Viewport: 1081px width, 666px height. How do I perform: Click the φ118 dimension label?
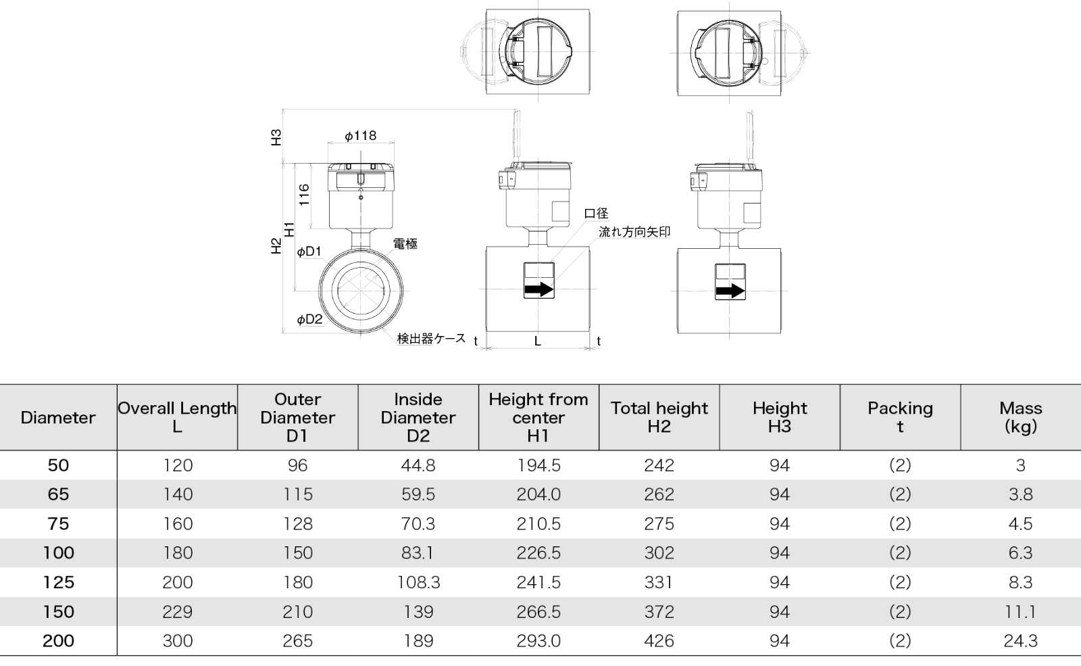(360, 136)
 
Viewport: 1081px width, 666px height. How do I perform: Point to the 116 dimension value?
(304, 195)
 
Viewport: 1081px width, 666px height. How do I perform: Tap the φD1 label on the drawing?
(309, 252)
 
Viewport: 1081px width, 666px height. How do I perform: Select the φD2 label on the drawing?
(309, 319)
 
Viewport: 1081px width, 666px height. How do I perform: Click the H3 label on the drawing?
(276, 137)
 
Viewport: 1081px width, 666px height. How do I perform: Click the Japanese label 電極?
(405, 244)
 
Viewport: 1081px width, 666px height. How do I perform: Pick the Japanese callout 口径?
(596, 214)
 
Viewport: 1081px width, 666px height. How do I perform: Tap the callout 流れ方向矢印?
(634, 232)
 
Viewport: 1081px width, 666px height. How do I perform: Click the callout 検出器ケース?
(431, 338)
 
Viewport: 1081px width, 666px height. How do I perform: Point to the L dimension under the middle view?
(538, 341)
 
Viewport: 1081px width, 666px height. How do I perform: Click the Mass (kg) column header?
(1020, 417)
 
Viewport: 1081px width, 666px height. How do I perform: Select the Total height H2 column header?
(659, 417)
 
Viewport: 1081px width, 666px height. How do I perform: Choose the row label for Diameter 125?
(58, 582)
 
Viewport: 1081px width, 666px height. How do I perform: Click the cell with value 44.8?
(418, 465)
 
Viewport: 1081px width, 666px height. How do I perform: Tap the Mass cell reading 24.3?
(1020, 641)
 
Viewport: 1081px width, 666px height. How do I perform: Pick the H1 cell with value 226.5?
(538, 553)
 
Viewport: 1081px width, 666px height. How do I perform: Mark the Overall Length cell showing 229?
(177, 612)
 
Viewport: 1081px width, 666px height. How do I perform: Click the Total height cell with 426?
(659, 641)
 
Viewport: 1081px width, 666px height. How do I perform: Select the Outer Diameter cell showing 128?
(297, 524)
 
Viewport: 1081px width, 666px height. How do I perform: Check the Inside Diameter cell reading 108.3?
(418, 582)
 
